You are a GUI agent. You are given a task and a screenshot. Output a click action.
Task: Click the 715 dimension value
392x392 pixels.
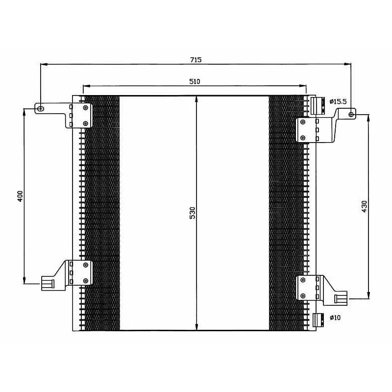point(196,60)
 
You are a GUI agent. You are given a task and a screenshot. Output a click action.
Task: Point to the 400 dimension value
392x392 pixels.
point(20,196)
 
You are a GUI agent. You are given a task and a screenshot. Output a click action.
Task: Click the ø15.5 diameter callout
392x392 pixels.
point(338,101)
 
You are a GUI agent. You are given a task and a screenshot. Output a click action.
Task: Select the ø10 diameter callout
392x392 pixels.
point(335,318)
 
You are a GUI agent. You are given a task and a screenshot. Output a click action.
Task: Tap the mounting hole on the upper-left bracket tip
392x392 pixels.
point(41,108)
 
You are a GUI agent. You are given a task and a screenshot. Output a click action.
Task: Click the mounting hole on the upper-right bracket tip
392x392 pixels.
point(351,114)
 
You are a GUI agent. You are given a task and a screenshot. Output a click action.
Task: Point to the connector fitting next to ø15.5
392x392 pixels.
point(318,105)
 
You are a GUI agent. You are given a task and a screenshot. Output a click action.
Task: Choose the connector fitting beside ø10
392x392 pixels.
point(319,319)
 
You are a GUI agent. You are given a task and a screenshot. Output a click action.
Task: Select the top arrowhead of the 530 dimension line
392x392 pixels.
point(196,98)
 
